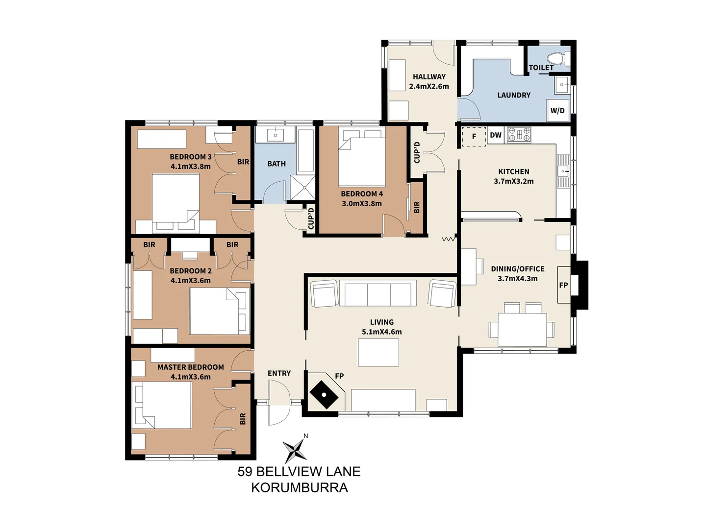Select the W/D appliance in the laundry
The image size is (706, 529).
[557, 111]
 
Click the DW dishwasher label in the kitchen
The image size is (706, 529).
[496, 135]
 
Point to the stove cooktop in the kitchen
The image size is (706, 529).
[519, 134]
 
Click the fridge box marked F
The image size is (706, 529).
[474, 137]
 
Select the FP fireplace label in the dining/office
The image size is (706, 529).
[563, 285]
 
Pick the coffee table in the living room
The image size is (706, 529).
[378, 352]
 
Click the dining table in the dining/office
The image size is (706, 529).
[522, 330]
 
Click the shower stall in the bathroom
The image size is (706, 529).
[303, 187]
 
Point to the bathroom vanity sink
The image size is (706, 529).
[275, 134]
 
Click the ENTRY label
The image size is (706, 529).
[279, 373]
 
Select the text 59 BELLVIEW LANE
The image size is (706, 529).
[299, 471]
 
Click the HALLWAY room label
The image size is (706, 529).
[429, 76]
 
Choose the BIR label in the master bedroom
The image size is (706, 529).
[243, 419]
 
